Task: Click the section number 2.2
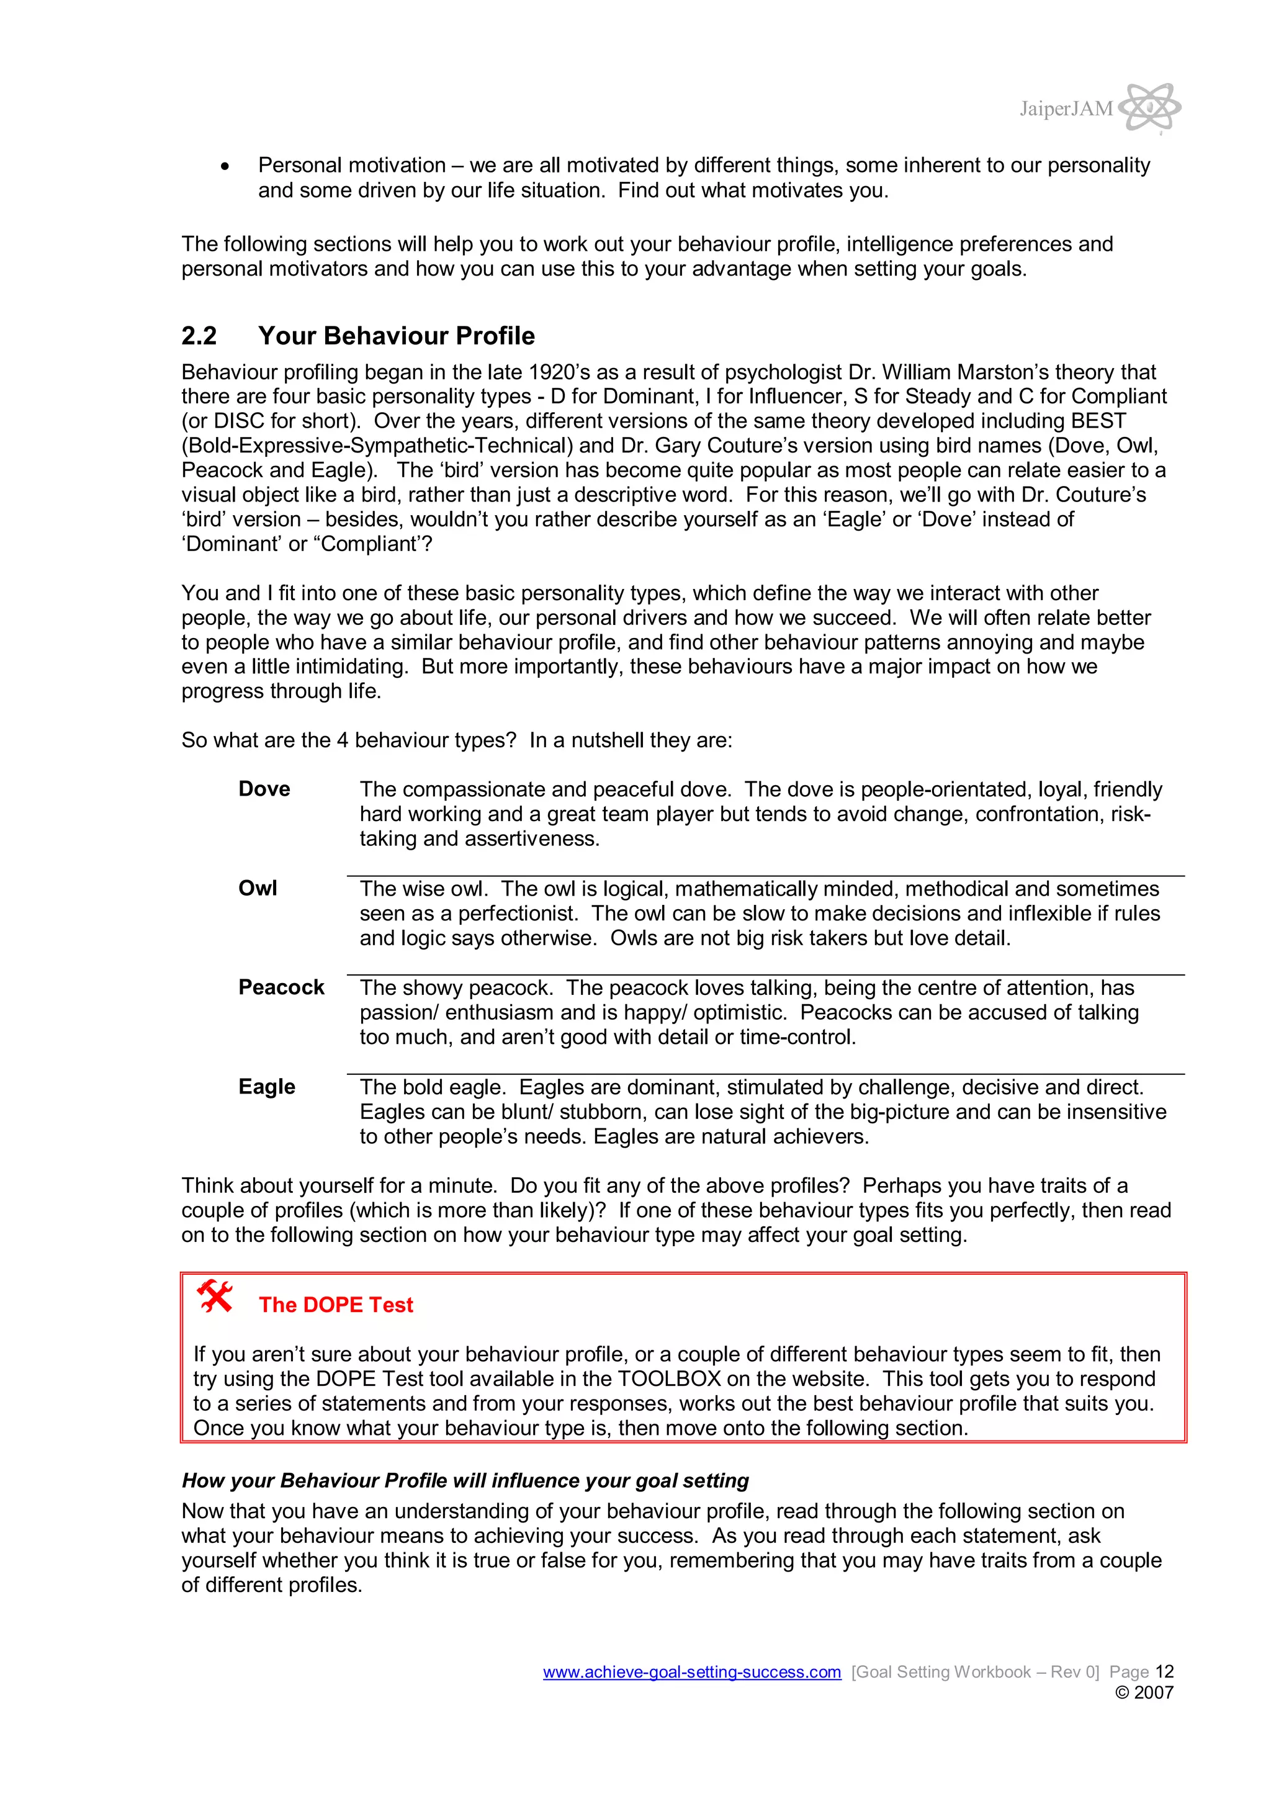click(199, 336)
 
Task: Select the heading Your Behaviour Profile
click(397, 336)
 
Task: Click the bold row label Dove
click(264, 789)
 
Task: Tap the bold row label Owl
click(258, 888)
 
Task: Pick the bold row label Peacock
click(281, 987)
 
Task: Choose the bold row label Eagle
click(266, 1086)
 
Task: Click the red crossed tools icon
click(215, 1296)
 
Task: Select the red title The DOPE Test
click(336, 1305)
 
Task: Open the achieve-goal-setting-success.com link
click(691, 1672)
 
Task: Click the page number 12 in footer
click(1164, 1671)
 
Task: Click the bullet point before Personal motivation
click(225, 166)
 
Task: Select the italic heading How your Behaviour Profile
click(465, 1480)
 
